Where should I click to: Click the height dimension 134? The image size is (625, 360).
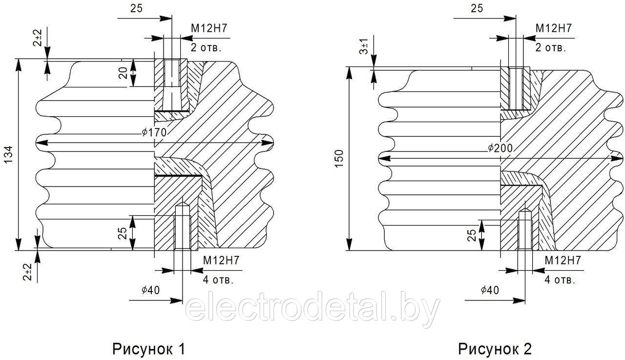click(x=8, y=155)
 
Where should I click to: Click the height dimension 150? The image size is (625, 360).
click(x=339, y=159)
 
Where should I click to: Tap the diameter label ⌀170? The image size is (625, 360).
click(x=154, y=132)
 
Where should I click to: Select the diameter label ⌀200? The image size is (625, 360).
click(x=500, y=148)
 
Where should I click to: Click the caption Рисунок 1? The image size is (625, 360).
click(x=148, y=349)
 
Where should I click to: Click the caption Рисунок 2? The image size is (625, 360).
click(x=495, y=349)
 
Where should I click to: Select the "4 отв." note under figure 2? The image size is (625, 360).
click(x=560, y=279)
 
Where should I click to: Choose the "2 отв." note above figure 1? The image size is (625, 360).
click(x=206, y=47)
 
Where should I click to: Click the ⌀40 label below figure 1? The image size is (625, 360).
click(x=151, y=290)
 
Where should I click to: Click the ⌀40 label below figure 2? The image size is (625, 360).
click(x=490, y=290)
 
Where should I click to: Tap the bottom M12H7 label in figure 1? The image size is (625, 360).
click(x=221, y=260)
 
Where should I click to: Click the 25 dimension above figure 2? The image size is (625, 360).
click(x=477, y=8)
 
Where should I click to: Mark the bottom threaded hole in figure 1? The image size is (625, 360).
click(x=183, y=226)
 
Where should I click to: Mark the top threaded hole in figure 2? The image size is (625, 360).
click(x=516, y=89)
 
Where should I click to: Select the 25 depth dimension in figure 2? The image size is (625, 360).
click(x=472, y=235)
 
